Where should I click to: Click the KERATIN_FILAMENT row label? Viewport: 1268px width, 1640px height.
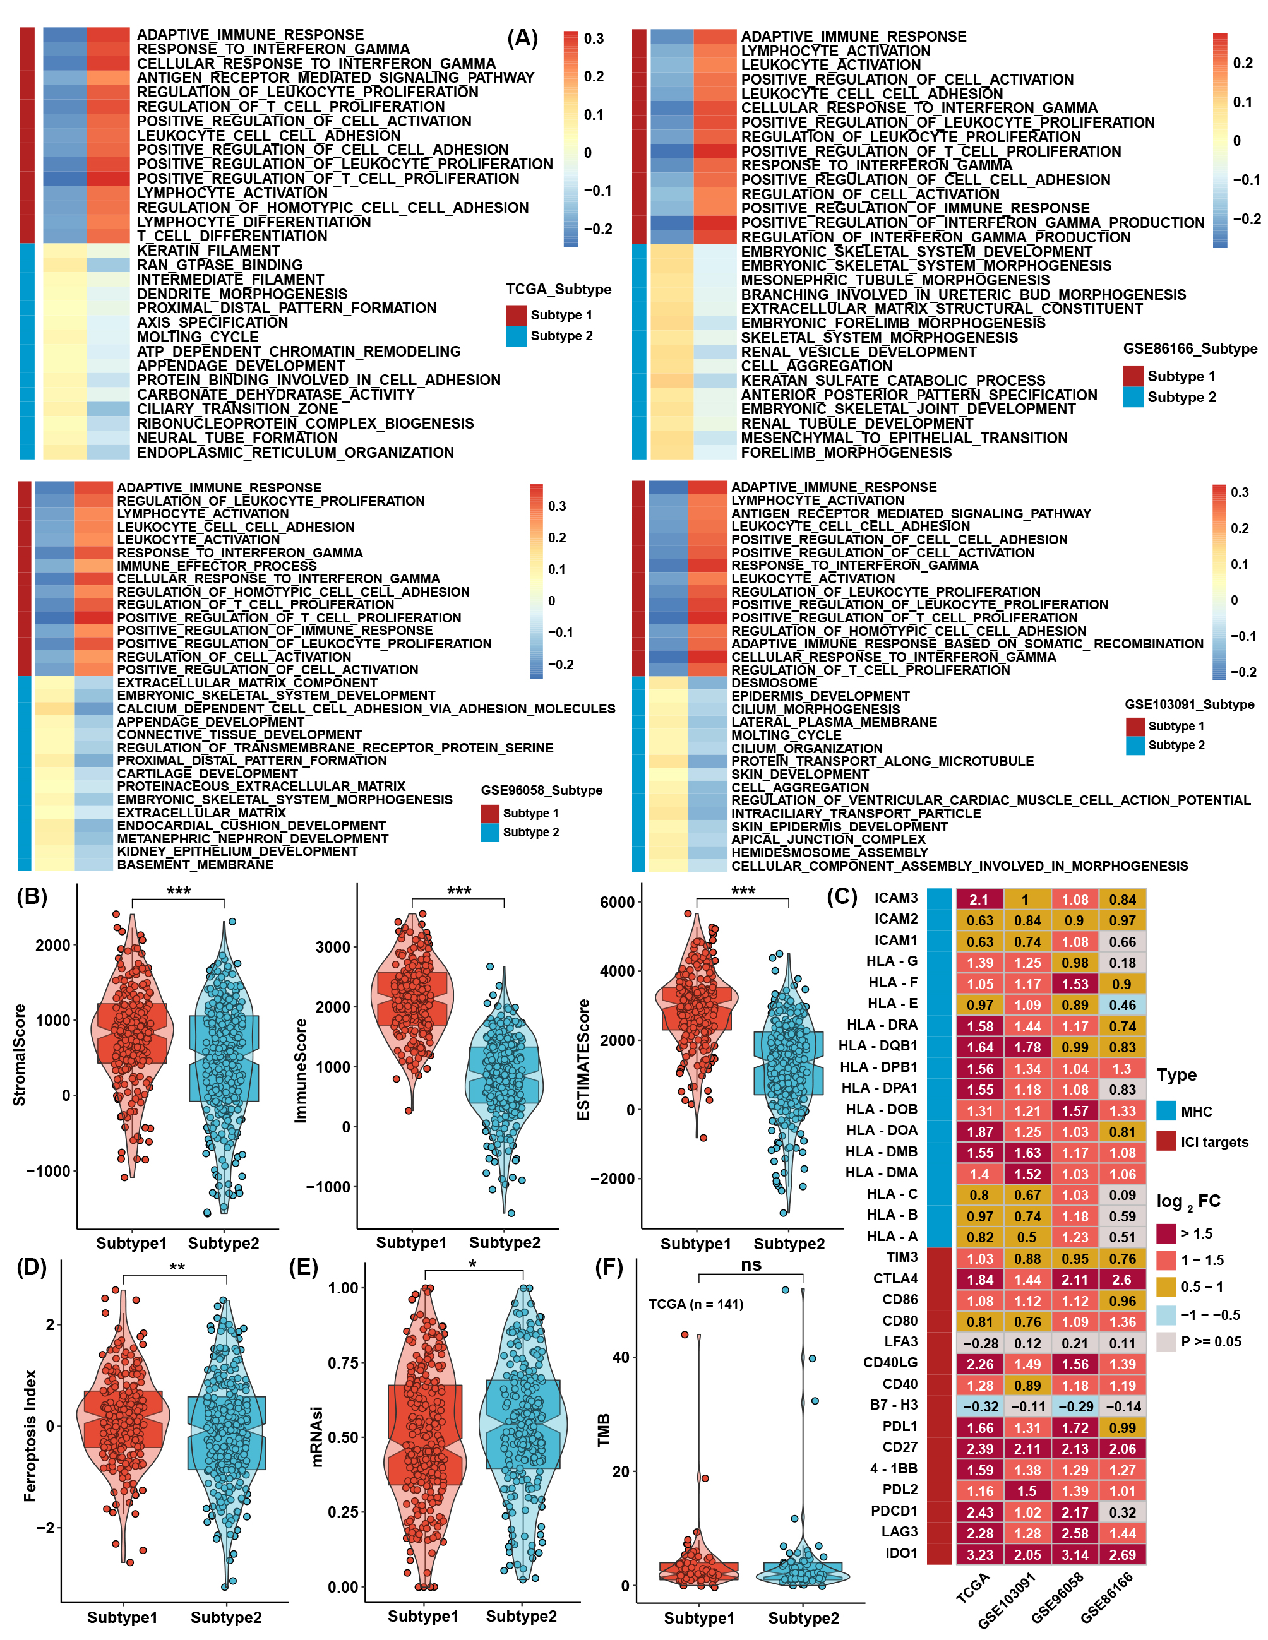[x=208, y=251]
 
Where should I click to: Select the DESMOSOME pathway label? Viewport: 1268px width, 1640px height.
[x=774, y=683]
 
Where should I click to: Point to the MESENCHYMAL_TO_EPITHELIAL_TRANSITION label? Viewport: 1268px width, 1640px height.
[x=904, y=439]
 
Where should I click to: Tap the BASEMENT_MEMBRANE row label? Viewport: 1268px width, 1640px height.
[x=195, y=865]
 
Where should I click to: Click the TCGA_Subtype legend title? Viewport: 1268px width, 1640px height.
[x=558, y=290]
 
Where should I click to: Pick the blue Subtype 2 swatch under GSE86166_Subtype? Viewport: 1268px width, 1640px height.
[x=1133, y=397]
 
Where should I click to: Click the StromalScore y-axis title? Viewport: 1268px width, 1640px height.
[x=20, y=1055]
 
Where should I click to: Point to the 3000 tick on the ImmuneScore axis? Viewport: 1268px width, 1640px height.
[x=332, y=947]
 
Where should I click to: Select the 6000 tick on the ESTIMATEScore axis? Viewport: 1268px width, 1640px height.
[x=618, y=903]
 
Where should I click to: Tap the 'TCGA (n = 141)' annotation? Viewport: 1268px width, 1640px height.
[x=696, y=1304]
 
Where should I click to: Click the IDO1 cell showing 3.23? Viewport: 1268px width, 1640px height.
[x=979, y=1555]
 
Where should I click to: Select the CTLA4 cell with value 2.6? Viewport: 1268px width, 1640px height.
[x=1121, y=1280]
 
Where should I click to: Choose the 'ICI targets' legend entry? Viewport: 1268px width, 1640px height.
[x=1214, y=1142]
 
